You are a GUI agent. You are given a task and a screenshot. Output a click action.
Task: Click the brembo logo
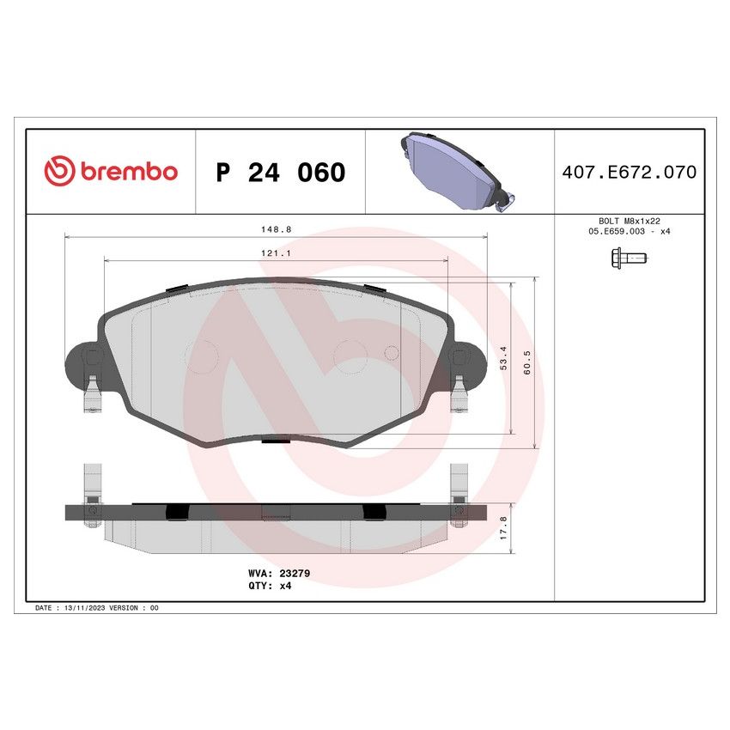tap(110, 171)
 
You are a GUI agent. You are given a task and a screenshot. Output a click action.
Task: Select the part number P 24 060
tap(280, 173)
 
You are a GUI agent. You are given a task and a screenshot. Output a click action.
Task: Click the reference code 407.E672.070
tap(629, 173)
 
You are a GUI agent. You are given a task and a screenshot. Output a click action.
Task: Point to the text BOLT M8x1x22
tap(629, 221)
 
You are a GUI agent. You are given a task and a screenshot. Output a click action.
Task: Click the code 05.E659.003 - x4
tap(629, 232)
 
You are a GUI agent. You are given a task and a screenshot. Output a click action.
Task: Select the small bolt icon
tap(628, 257)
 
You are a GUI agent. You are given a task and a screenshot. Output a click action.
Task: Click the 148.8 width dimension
tap(277, 229)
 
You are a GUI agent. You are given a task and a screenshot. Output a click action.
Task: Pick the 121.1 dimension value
tap(277, 252)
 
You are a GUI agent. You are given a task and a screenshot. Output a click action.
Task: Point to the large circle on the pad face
tap(350, 356)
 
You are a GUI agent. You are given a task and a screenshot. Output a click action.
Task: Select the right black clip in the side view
tap(374, 511)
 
